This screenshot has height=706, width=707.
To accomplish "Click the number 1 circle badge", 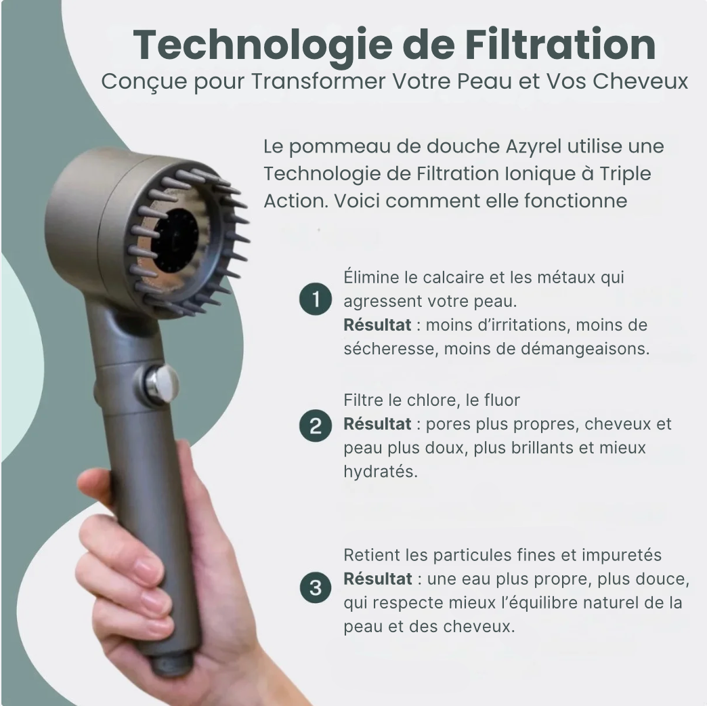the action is [x=316, y=299].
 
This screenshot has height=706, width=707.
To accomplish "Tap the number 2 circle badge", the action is [x=316, y=425].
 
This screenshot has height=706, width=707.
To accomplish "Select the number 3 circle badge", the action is [x=316, y=587].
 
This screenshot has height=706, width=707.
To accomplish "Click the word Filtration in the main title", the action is [x=561, y=45].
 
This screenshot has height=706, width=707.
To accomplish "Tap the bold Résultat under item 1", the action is [x=377, y=325].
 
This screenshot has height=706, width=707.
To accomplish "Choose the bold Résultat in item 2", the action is [x=377, y=424].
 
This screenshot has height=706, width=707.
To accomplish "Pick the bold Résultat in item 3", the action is [x=378, y=579].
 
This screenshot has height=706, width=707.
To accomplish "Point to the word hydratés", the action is [x=381, y=472].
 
